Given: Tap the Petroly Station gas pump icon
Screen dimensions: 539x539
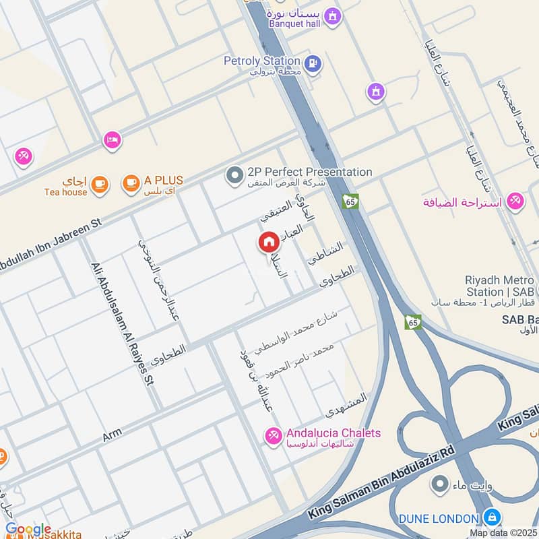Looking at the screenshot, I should click(x=313, y=64).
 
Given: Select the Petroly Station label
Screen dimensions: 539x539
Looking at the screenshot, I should click(x=262, y=61).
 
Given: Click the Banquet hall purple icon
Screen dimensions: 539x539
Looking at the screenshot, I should click(x=331, y=14).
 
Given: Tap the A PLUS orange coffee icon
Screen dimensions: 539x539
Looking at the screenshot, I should click(x=131, y=182).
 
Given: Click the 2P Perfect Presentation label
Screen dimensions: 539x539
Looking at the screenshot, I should click(x=309, y=172).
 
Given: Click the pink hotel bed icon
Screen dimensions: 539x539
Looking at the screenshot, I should click(x=112, y=140).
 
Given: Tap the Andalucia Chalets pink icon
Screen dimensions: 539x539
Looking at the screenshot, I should click(x=274, y=436).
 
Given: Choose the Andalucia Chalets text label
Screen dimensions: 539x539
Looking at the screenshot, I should click(x=334, y=433).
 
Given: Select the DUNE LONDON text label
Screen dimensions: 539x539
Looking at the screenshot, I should click(x=439, y=518).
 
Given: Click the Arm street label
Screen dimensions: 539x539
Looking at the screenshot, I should click(x=111, y=437).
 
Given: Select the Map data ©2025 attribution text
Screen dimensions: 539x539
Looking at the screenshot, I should click(x=503, y=533).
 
